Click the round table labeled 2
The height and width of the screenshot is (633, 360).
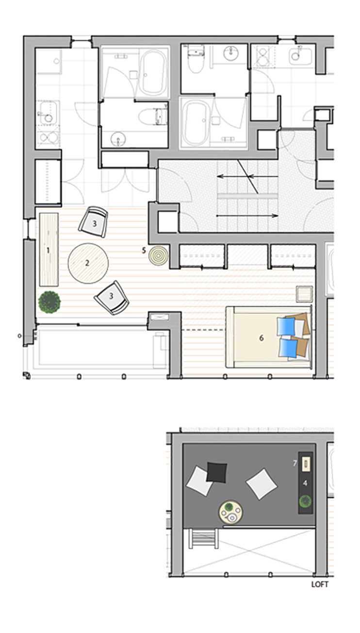pos(88,263)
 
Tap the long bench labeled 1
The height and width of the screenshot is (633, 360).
pos(49,250)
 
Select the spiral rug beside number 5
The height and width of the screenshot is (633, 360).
pos(158,256)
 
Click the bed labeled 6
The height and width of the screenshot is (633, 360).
pos(268,337)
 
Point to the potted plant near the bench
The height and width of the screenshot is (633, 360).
pos(49,302)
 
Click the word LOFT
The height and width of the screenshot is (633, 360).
pos(320,584)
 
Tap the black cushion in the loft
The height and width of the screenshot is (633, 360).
pos(216,472)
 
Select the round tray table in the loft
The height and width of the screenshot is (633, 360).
pos(230,512)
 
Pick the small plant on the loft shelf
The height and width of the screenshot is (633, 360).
pos(306,501)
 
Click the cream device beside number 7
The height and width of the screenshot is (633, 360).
pos(306,464)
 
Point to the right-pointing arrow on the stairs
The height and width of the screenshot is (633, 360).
pos(247,216)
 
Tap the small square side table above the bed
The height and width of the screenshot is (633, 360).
pos(304,294)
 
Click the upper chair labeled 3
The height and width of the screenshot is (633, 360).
pos(93,222)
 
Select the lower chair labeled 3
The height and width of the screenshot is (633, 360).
pos(112,298)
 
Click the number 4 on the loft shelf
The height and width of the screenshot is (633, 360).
pos(305,483)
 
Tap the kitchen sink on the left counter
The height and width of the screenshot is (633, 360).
pos(48,113)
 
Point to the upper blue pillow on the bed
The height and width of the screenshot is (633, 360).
pos(286,327)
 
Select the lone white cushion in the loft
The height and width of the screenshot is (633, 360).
pos(261,483)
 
